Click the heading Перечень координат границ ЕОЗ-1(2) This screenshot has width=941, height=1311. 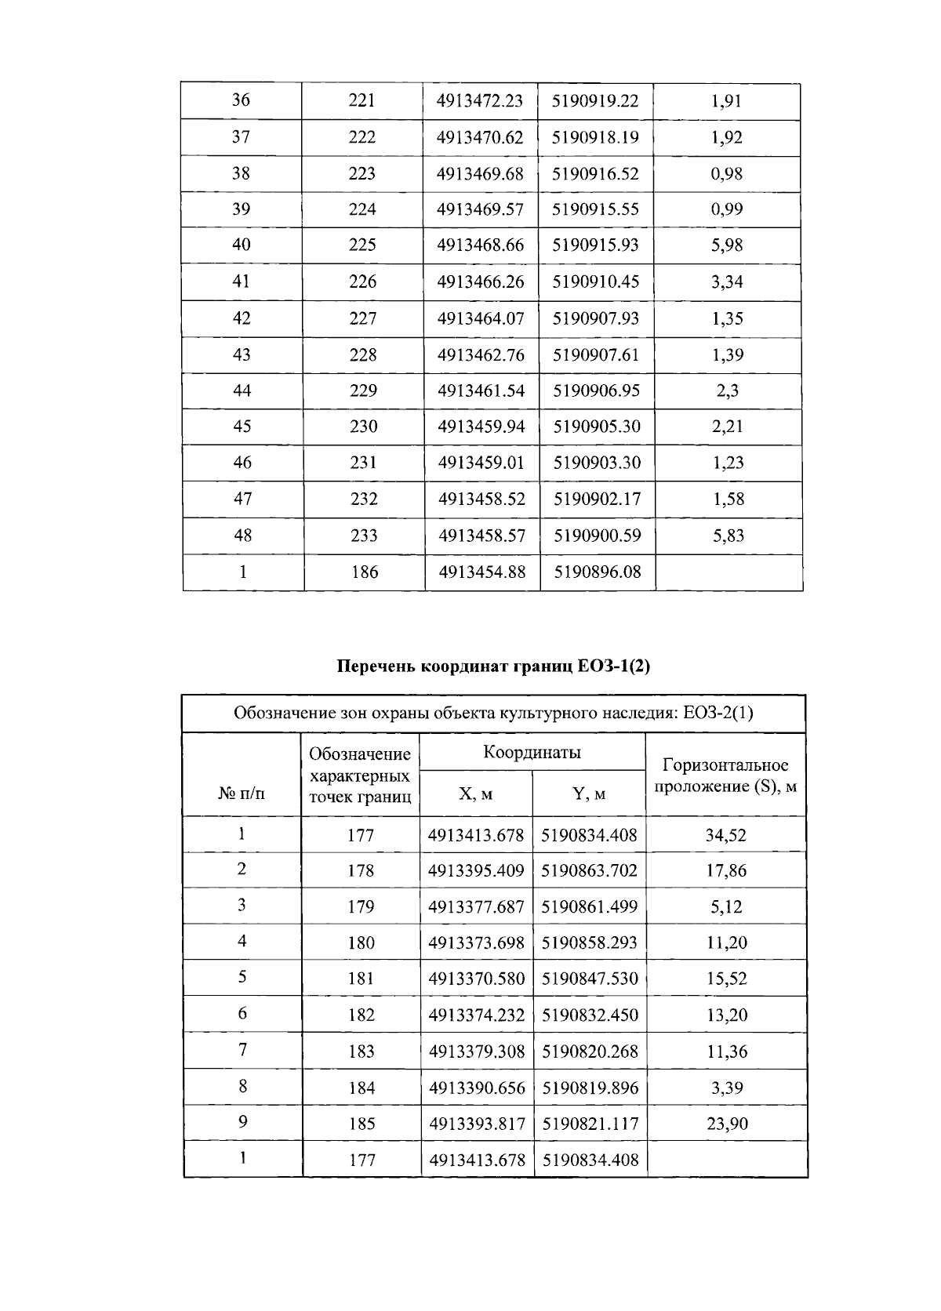[x=493, y=666]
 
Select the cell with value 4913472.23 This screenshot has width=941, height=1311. [x=480, y=100]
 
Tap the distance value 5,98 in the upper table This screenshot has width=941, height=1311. [x=727, y=245]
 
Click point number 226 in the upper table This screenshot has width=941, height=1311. [x=362, y=281]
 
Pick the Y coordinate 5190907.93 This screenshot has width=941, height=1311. [x=596, y=318]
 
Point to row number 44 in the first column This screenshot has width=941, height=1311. [x=242, y=390]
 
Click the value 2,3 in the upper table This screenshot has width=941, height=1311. [x=727, y=390]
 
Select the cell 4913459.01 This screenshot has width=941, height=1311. [x=481, y=463]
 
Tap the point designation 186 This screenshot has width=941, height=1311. [x=365, y=572]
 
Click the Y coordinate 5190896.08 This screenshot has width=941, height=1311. [x=598, y=572]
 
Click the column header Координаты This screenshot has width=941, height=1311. [x=532, y=753]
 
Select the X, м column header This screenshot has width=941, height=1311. [x=475, y=794]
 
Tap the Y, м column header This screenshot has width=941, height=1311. [x=589, y=794]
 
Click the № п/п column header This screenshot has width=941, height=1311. [x=242, y=794]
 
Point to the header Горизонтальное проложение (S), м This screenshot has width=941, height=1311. [x=725, y=775]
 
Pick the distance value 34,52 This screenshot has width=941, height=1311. [x=725, y=835]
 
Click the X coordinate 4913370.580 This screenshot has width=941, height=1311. [x=476, y=979]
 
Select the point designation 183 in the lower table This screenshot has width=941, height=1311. [x=362, y=1051]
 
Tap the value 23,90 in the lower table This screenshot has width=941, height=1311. [x=727, y=1124]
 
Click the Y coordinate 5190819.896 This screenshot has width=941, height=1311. [x=590, y=1088]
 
